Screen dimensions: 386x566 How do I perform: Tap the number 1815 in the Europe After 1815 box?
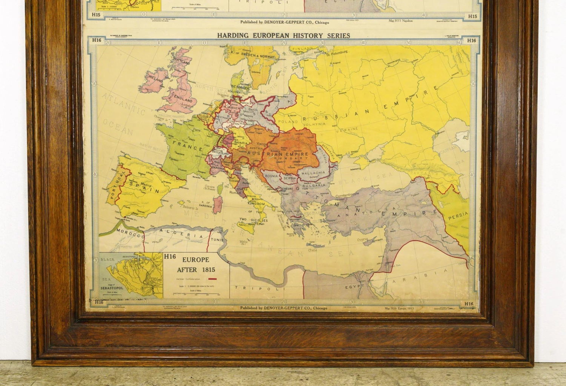pyautogui.click(x=208, y=270)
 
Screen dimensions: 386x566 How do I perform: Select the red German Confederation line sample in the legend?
pyautogui.click(x=212, y=279)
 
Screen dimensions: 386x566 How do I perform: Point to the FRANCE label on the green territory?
pyautogui.click(x=188, y=145)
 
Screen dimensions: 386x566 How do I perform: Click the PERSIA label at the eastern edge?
pyautogui.click(x=458, y=216)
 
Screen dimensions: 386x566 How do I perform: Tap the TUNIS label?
pyautogui.click(x=217, y=240)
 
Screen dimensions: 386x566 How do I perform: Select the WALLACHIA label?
pyautogui.click(x=313, y=172)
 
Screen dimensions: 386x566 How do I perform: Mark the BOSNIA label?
pyautogui.click(x=271, y=176)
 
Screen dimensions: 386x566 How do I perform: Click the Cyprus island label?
pyautogui.click(x=363, y=240)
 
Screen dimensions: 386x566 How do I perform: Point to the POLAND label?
pyautogui.click(x=288, y=121)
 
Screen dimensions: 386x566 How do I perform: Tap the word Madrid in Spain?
pyautogui.click(x=146, y=185)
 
